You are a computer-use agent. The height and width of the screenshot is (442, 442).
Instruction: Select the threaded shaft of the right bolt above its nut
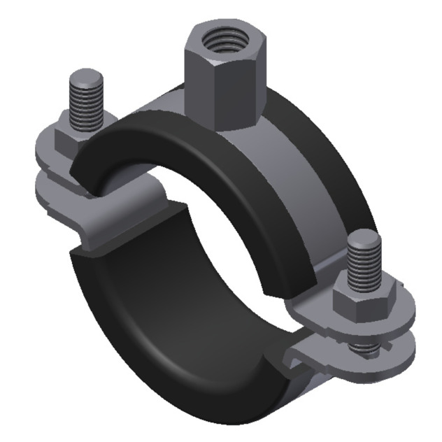tap(366, 266)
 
